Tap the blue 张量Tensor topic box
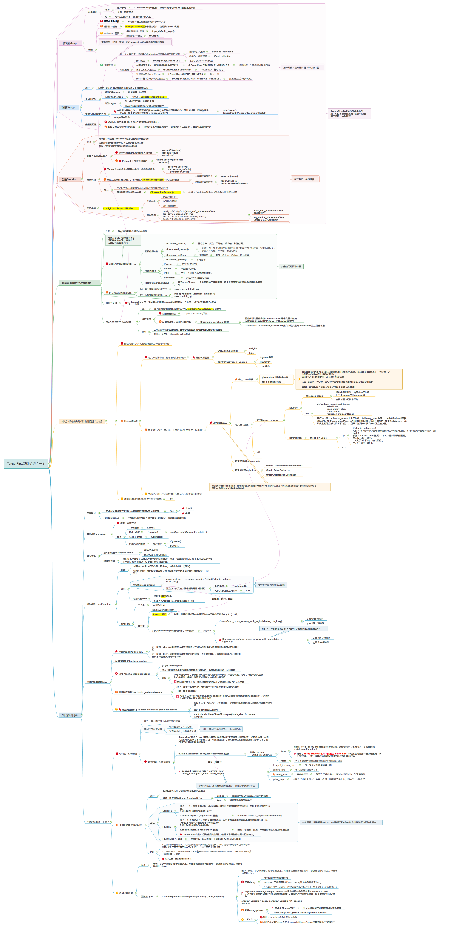68,107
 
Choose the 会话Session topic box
69,179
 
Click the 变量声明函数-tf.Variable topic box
76,283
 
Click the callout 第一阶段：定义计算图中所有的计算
301,67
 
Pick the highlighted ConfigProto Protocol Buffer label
118,208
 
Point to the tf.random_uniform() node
176,255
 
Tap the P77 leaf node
344,447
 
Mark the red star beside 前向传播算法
194,357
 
